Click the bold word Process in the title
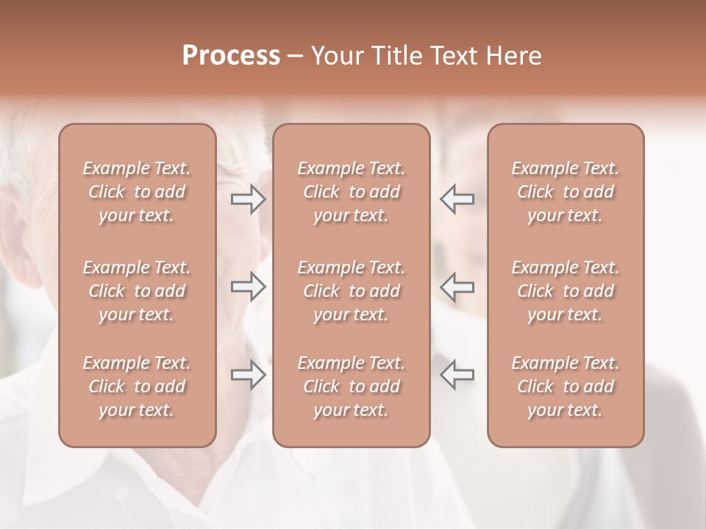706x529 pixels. tap(231, 56)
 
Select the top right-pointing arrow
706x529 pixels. tap(248, 198)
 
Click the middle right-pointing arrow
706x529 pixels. tap(248, 287)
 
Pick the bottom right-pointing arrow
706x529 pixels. tap(248, 375)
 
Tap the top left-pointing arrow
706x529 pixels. tap(457, 198)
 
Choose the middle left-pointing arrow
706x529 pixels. tap(457, 287)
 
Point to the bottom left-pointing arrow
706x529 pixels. tap(457, 375)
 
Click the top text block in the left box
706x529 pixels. tap(137, 192)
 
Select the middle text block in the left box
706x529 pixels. tap(137, 291)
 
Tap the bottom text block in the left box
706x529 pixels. tap(137, 386)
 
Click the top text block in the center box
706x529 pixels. tap(351, 192)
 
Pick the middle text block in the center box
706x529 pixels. tap(351, 291)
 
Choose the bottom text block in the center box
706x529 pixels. tap(351, 386)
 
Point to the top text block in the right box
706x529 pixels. tap(565, 192)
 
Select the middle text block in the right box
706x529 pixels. tap(565, 291)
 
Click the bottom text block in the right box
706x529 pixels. tap(565, 386)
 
